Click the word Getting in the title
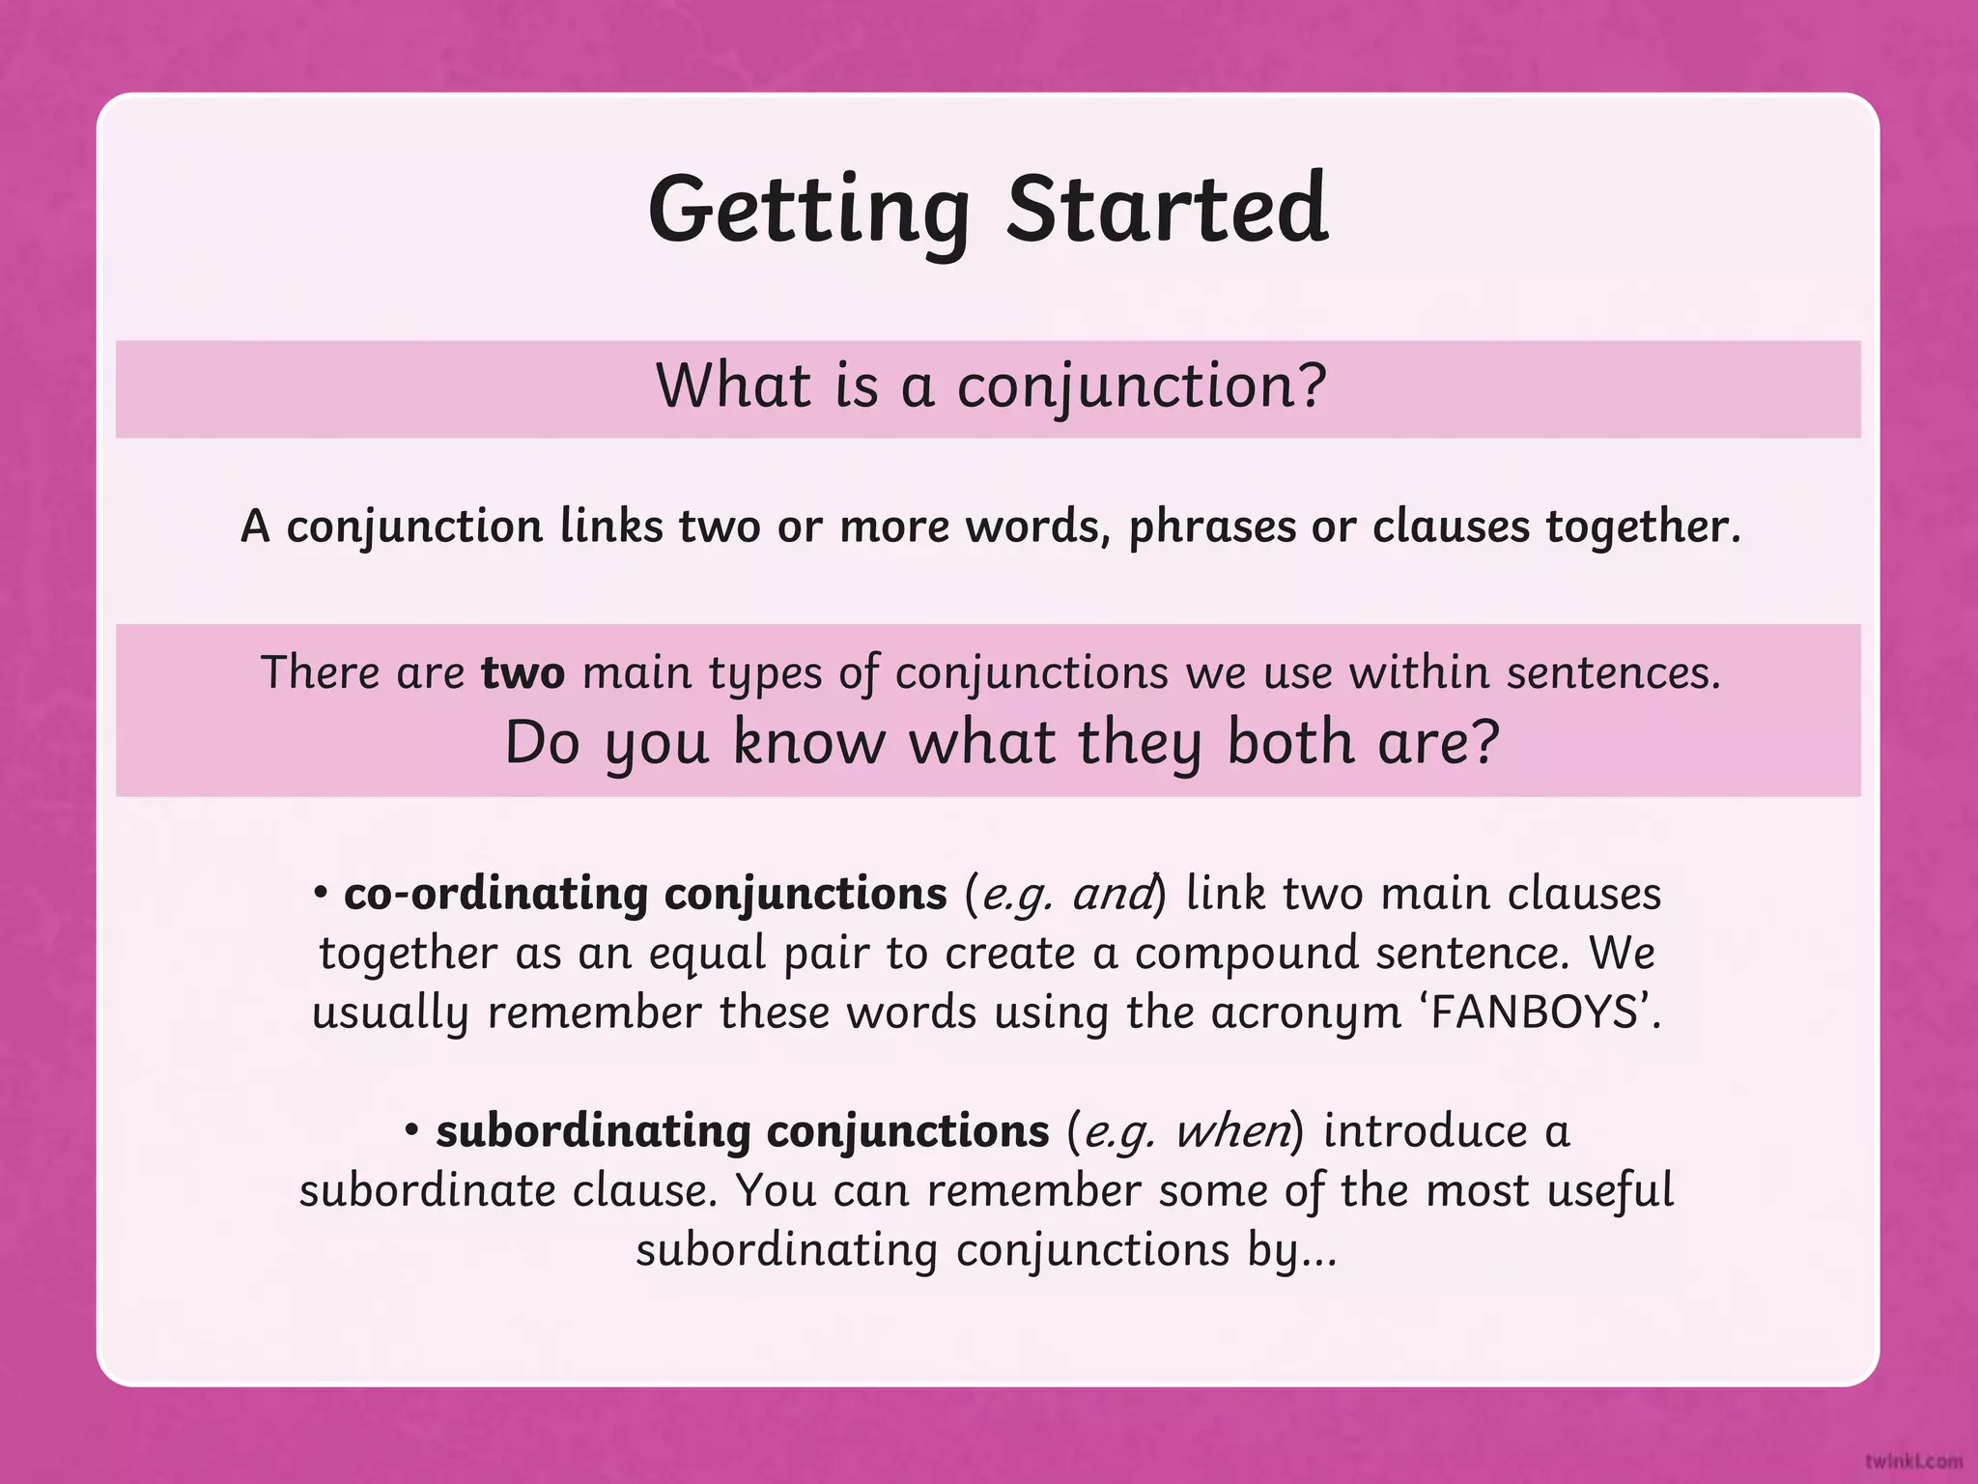tap(808, 212)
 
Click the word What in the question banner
tap(733, 385)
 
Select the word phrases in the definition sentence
tap(1212, 528)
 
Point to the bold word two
tap(523, 672)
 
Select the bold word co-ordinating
tap(495, 894)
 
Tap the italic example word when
tap(1232, 1131)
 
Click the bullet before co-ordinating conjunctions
tap(322, 893)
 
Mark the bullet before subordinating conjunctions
tap(412, 1129)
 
